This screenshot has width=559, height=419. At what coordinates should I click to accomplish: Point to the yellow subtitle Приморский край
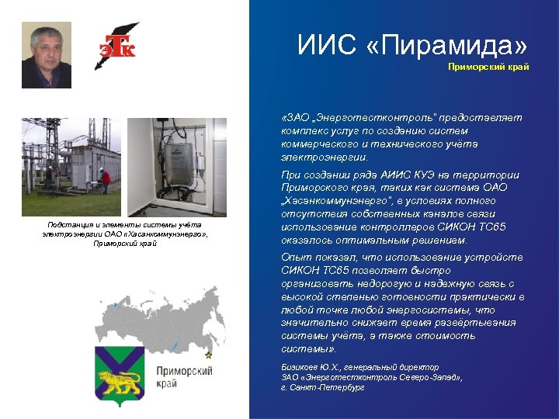488,67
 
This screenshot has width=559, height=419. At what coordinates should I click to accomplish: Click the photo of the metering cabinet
176,167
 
